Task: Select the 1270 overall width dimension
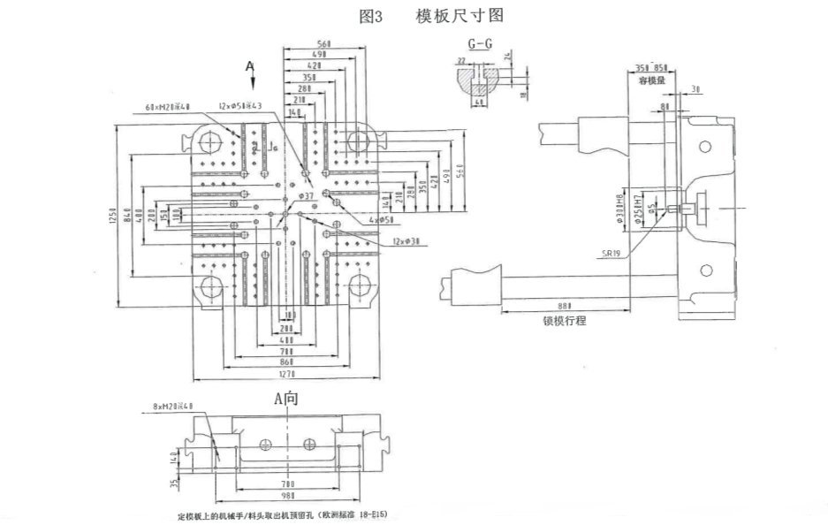tap(288, 375)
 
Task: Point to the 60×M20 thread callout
tap(168, 108)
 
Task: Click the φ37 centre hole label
tap(307, 194)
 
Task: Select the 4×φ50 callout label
tap(381, 219)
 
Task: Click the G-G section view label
tap(481, 43)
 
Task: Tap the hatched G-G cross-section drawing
tap(480, 82)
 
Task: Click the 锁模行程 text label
tap(565, 321)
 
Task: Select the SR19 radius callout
tap(612, 253)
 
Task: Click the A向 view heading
tap(286, 399)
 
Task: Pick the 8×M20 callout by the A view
tap(172, 407)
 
